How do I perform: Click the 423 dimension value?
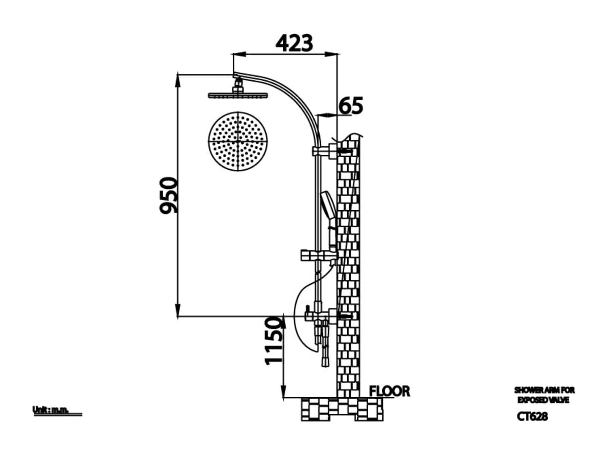point(295,43)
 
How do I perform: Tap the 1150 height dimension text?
point(274,341)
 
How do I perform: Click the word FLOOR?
point(390,391)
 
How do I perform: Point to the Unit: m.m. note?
point(51,410)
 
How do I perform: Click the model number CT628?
point(532,416)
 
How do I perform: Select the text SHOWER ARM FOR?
point(544,390)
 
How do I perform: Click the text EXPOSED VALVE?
point(543,400)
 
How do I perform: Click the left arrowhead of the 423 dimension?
point(237,55)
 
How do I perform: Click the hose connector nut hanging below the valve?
point(325,360)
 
